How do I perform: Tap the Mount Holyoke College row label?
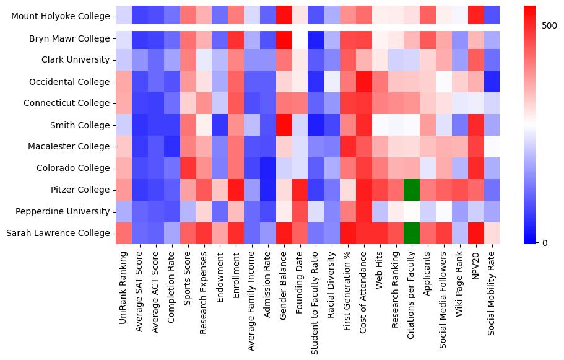tap(60, 17)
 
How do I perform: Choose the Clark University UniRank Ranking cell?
tap(124, 60)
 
